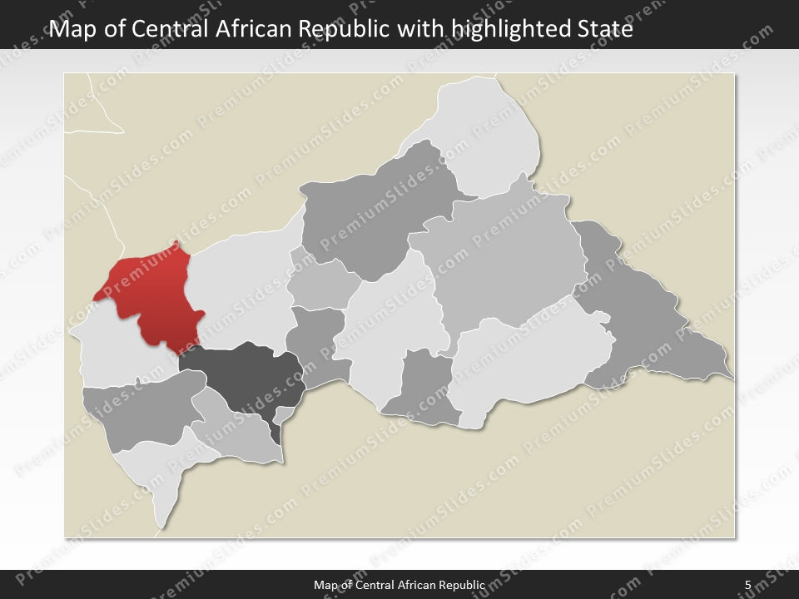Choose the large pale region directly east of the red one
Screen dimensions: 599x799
click(x=237, y=291)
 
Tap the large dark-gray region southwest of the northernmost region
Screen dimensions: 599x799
click(x=375, y=208)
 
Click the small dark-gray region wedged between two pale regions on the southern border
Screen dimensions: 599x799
click(x=424, y=387)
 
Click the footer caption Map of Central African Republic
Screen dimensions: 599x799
click(x=399, y=585)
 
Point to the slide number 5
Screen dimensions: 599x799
click(x=748, y=585)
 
